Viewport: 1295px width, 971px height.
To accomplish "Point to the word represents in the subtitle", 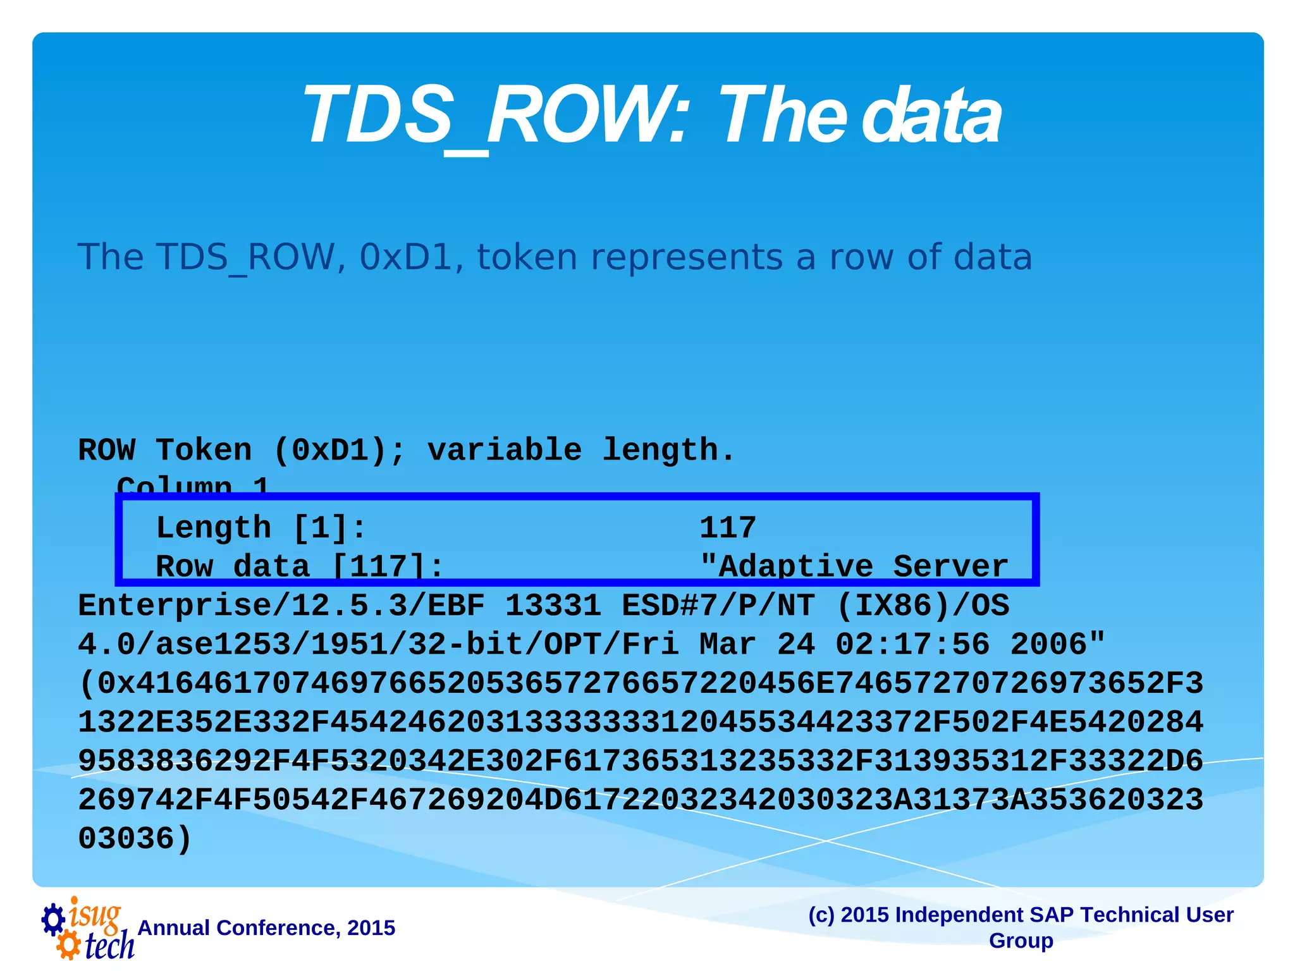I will pos(687,259).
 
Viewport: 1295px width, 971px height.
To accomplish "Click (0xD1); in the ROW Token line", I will pos(340,451).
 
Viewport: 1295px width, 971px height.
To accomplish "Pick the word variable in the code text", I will pos(504,451).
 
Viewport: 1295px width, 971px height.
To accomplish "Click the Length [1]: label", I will pos(261,528).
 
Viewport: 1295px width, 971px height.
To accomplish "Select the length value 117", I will pos(727,528).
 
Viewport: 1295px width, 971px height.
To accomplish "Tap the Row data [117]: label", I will pos(300,566).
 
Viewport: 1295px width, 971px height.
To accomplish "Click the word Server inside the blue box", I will pos(950,566).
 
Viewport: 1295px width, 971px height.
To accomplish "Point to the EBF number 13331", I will pos(553,606).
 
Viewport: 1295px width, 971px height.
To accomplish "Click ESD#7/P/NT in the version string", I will pos(718,606).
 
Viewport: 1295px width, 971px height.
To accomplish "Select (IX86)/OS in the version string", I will pos(923,606).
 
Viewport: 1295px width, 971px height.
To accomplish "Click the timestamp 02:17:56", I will pos(912,645).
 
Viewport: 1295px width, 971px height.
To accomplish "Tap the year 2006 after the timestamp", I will pos(1057,645).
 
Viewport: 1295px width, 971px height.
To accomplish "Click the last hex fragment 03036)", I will pos(135,839).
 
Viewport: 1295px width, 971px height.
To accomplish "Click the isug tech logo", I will pos(89,928).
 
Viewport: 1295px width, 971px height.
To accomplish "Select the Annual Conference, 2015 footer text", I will pos(266,928).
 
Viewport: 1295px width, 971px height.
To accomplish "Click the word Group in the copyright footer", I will pos(1021,941).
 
